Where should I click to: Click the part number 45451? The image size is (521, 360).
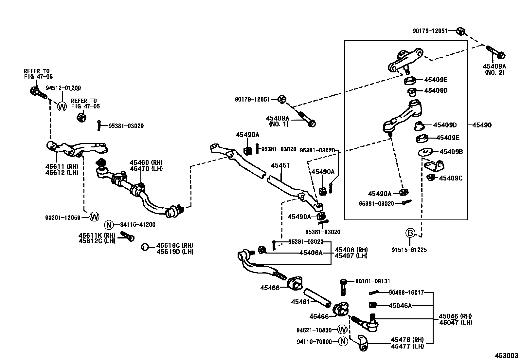[x=280, y=166]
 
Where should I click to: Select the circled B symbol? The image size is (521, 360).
[x=410, y=233]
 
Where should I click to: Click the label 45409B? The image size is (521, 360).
[x=451, y=152]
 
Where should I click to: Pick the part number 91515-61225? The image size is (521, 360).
[x=409, y=250]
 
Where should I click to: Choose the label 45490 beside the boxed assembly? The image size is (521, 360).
[x=482, y=125]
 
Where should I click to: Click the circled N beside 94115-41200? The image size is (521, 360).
[x=109, y=225]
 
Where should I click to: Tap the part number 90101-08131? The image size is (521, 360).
[x=373, y=281]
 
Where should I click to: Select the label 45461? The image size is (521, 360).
[x=300, y=302]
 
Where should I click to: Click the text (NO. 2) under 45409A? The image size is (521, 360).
[x=494, y=72]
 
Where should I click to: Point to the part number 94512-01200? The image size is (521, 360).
[x=63, y=88]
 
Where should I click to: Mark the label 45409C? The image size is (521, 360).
[x=451, y=178]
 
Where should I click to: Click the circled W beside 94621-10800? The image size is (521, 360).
[x=342, y=330]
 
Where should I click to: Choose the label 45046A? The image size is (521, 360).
[x=400, y=306]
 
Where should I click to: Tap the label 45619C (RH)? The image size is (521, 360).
[x=175, y=246]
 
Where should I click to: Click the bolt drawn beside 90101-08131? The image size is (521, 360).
[x=343, y=287]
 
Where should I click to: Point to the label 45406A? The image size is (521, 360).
[x=311, y=252]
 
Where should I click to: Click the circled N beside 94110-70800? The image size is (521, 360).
[x=343, y=342]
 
